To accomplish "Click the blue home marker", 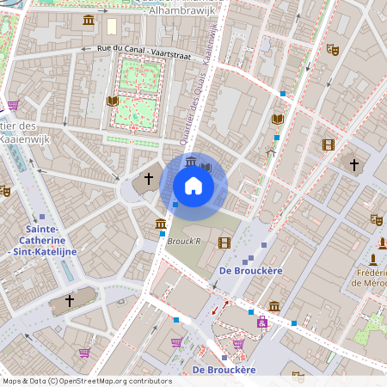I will (x=193, y=186).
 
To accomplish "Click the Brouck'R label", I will (x=184, y=242).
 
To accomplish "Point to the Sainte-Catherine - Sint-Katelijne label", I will (x=40, y=241).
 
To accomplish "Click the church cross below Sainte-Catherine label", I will (x=70, y=301).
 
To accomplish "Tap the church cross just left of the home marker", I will (x=149, y=179).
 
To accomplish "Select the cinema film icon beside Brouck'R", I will (x=224, y=243).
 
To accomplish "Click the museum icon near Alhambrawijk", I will (x=89, y=20).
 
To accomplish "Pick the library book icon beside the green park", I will (x=112, y=101).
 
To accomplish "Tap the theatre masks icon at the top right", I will (x=333, y=50).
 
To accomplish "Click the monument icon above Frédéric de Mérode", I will (x=373, y=259).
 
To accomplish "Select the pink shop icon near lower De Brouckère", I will (x=261, y=322).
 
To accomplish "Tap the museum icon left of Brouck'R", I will (x=160, y=225).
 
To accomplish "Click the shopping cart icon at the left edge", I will (x=13, y=105).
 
